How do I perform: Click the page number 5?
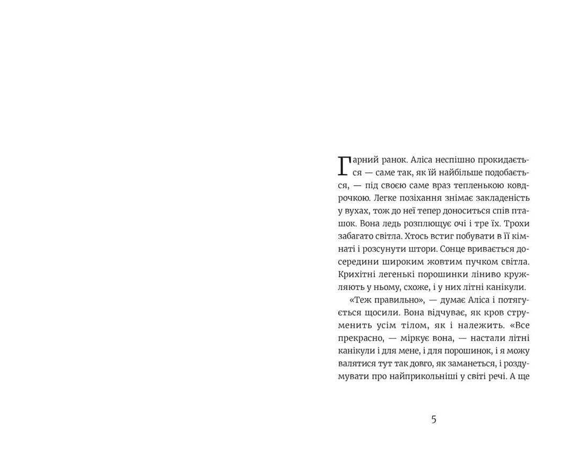point(434,419)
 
